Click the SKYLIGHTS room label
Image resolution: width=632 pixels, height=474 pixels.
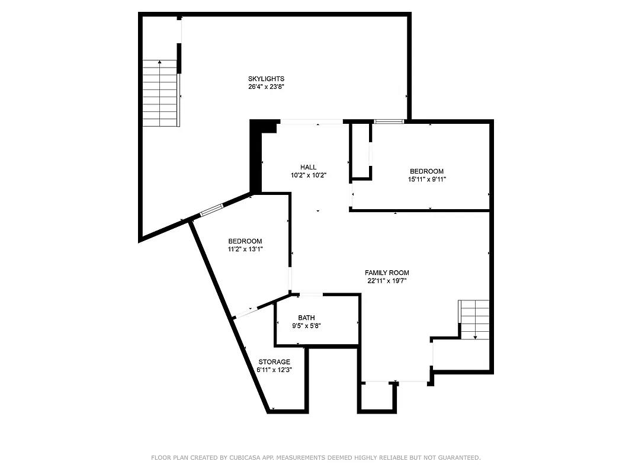[x=266, y=79]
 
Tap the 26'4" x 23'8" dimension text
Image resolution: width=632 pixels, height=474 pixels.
[x=266, y=87]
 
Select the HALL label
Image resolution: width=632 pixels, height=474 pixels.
[x=308, y=167]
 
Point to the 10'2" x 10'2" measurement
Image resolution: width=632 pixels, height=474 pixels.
[x=309, y=175]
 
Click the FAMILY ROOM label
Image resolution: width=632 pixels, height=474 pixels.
[x=387, y=273]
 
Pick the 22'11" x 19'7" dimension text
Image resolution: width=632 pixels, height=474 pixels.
[x=387, y=280]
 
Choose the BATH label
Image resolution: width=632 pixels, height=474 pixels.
[x=306, y=318]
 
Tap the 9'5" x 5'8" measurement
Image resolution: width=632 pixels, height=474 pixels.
[x=306, y=325]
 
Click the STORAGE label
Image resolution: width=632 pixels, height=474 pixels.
[x=274, y=362]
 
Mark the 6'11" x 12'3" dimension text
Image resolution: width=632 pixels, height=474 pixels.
[x=274, y=370]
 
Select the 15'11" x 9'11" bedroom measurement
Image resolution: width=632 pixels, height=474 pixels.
[x=426, y=179]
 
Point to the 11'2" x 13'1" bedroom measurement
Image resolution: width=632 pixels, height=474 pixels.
[x=245, y=249]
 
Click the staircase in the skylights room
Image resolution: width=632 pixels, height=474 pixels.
[x=161, y=93]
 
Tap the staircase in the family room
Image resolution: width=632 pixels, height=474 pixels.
[x=475, y=319]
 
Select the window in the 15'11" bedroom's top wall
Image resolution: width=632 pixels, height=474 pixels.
[x=389, y=121]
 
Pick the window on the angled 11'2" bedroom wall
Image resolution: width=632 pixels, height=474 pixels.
[x=211, y=209]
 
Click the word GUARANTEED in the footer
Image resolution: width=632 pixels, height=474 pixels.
[x=459, y=457]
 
